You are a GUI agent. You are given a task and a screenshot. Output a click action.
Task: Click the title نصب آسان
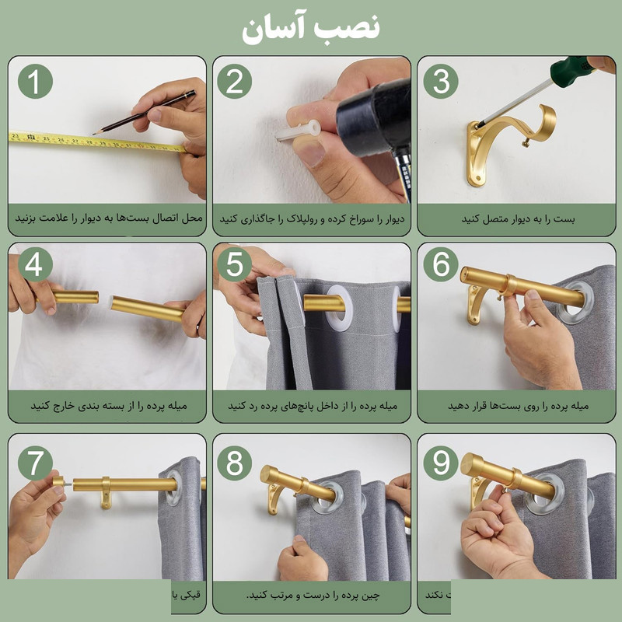[310, 29]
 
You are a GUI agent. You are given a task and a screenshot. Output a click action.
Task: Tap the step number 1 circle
[35, 81]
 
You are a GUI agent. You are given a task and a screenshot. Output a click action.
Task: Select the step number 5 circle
[234, 265]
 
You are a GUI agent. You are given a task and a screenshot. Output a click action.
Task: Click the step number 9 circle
[441, 464]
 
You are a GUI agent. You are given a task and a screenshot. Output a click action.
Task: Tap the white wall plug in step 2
[299, 131]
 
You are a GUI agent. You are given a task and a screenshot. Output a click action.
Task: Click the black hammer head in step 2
[373, 117]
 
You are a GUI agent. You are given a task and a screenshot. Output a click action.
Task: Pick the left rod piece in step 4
[75, 297]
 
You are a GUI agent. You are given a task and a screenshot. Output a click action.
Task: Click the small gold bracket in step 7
[106, 494]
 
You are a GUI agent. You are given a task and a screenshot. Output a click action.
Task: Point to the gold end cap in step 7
[58, 482]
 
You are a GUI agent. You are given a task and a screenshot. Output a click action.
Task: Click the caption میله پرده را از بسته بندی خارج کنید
[108, 406]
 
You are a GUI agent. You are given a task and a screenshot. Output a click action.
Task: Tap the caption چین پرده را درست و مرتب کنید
[311, 596]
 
